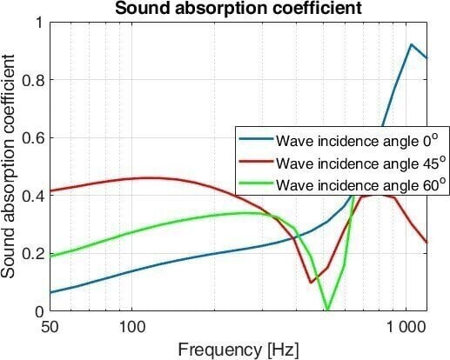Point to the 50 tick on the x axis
click(x=50, y=328)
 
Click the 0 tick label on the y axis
click(x=38, y=310)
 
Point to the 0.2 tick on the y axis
click(x=32, y=253)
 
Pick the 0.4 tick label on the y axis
click(x=32, y=195)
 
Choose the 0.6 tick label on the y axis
click(x=32, y=137)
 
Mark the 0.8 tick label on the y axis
click(x=32, y=79)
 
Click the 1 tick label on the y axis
click(x=38, y=22)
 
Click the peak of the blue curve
click(x=411, y=44)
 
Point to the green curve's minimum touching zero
click(x=327, y=310)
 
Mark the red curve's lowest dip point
click(x=311, y=282)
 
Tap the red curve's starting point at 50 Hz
click(x=50, y=190)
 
